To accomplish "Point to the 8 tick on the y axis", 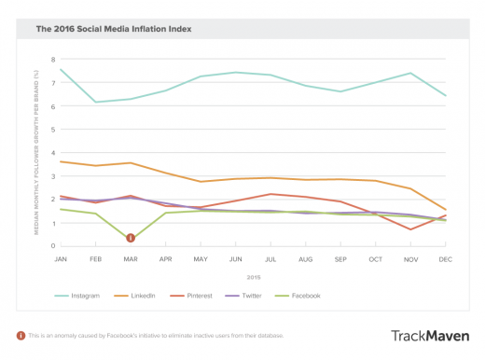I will point(52,59).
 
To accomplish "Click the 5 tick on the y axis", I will point(52,129).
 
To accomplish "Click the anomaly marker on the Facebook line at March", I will point(131,238).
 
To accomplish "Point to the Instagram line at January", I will point(62,69).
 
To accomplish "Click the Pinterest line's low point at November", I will point(410,229).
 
